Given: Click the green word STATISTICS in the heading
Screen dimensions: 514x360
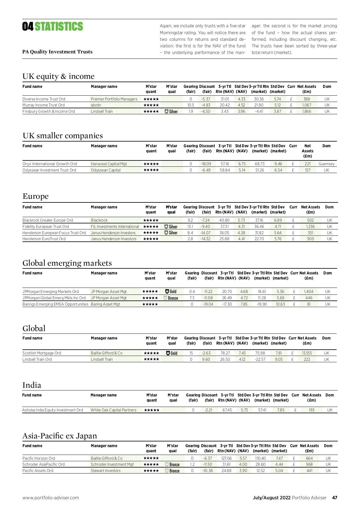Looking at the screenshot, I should tap(59, 27).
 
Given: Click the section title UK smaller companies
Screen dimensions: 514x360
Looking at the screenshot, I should tap(63, 136).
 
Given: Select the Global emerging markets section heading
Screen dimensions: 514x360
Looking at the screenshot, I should tap(67, 263).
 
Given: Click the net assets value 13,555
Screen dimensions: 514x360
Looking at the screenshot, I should tap(307, 353).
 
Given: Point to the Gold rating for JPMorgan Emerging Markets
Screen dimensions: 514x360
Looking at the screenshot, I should tap(171, 291).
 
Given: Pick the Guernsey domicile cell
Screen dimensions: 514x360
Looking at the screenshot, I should tap(326, 164).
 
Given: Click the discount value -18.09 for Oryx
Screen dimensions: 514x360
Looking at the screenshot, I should tap(206, 164).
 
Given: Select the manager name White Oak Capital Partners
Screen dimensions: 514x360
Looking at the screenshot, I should tap(113, 410).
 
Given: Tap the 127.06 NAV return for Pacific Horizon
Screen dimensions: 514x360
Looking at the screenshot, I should tap(226, 458).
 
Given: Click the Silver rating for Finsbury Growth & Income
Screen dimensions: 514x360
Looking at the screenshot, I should tap(171, 112).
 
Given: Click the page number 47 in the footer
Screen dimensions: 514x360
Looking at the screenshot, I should tap(334, 498).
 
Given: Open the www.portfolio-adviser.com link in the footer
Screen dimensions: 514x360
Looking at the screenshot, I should tap(51, 498).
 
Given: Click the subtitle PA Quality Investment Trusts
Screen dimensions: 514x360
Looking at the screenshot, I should tap(57, 52).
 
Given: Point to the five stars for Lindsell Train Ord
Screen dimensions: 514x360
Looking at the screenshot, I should tap(151, 359).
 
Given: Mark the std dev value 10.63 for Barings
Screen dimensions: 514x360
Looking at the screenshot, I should tap(280, 304).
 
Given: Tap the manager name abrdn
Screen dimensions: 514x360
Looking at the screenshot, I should tap(96, 105).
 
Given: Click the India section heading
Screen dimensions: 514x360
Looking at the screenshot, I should tap(32, 385).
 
